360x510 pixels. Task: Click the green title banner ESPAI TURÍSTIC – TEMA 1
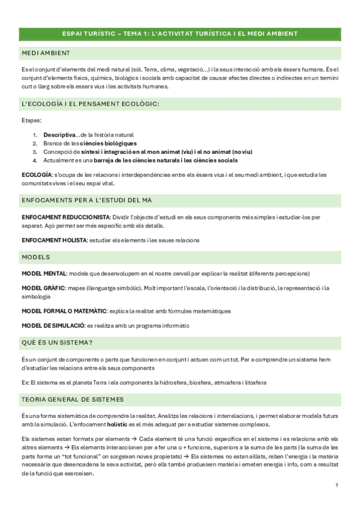click(180, 34)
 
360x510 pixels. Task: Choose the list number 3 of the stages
click(35, 152)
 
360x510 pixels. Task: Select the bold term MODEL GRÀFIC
click(43, 288)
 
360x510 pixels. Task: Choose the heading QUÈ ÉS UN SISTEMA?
click(56, 342)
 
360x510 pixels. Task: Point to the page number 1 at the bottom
click(337, 485)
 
